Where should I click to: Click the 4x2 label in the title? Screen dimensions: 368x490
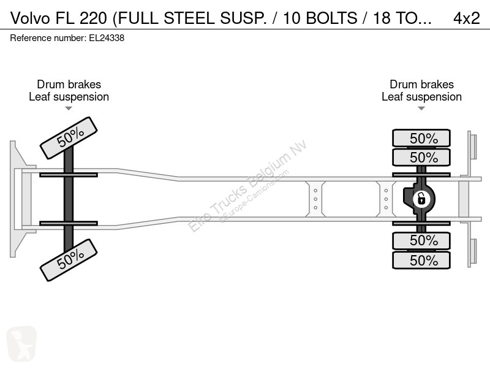pos(466,18)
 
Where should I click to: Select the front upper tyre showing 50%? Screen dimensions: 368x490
pos(69,137)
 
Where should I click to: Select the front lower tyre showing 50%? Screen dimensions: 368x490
pos(69,260)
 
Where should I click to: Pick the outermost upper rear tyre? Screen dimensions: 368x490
pos(421,138)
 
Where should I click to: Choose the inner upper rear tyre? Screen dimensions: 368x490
pos(421,158)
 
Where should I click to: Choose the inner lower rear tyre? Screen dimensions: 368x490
pos(421,240)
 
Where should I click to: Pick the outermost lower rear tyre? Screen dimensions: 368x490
pos(421,260)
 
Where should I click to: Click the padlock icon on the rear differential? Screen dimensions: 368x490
pos(421,199)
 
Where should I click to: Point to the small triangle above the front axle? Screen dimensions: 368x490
pos(69,109)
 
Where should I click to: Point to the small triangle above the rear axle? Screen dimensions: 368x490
pos(421,109)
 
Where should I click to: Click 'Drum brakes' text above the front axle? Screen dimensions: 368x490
pos(69,85)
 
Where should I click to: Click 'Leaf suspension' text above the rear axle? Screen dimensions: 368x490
pos(421,97)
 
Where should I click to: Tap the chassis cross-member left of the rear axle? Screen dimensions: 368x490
pos(386,199)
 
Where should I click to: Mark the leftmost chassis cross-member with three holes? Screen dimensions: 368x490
pos(315,199)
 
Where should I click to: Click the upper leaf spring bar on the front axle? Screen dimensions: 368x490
pos(69,175)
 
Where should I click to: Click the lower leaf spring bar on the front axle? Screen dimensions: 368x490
pos(69,223)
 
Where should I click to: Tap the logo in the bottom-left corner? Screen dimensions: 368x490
pos(21,343)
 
